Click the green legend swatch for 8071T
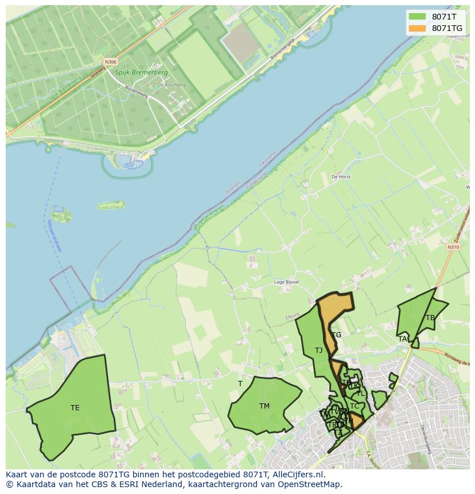click(x=418, y=17)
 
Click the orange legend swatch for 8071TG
click(x=418, y=28)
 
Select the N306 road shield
click(x=111, y=61)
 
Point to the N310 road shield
click(x=453, y=247)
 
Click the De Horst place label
click(x=341, y=177)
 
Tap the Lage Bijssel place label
click(x=286, y=282)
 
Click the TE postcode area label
click(x=75, y=408)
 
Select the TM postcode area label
click(x=264, y=406)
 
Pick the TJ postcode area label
click(x=318, y=350)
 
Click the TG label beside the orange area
click(x=337, y=335)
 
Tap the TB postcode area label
click(x=430, y=318)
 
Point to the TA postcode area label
click(x=403, y=339)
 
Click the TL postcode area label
click(x=360, y=394)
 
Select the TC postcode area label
click(x=355, y=406)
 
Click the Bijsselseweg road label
click(x=137, y=92)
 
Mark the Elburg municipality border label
click(x=293, y=317)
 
